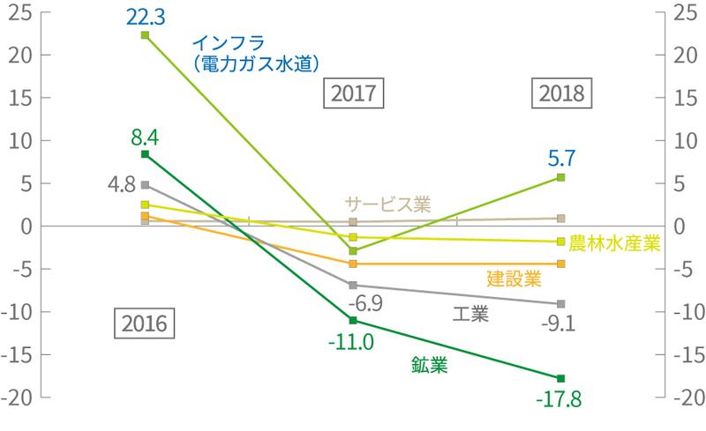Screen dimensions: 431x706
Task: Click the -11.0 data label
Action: click(352, 339)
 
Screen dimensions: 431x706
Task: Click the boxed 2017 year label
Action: click(353, 93)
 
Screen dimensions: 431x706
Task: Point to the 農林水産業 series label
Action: click(615, 242)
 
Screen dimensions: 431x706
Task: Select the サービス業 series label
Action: click(387, 204)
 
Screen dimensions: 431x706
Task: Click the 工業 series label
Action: click(470, 314)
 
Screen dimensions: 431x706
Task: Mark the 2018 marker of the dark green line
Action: click(561, 378)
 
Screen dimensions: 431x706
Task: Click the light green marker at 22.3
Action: click(145, 34)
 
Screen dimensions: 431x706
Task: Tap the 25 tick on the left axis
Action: click(19, 12)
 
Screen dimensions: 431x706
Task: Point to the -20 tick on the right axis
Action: click(686, 398)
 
